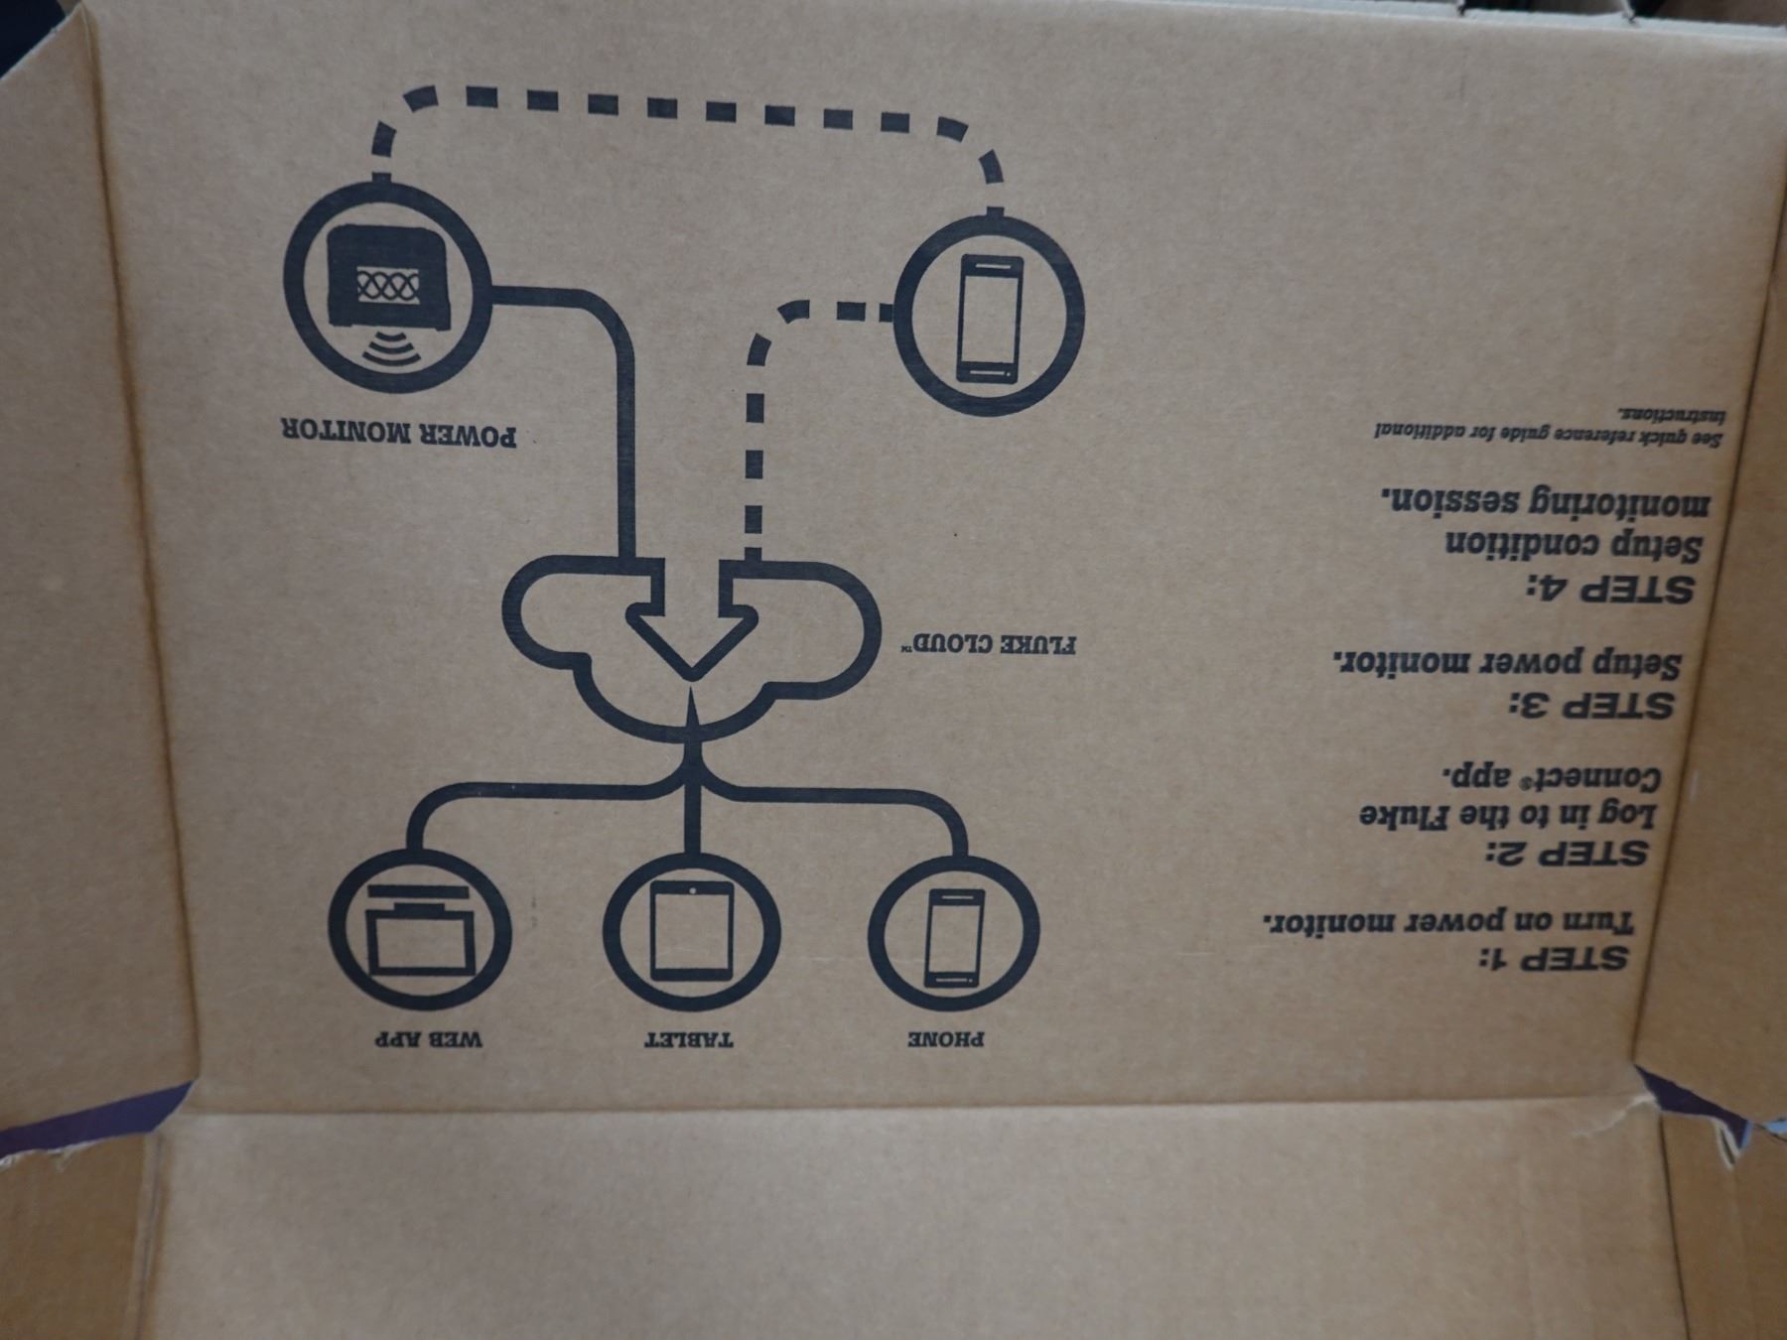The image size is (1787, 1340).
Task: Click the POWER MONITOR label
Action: click(x=398, y=434)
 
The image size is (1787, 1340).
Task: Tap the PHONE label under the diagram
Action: click(x=947, y=1041)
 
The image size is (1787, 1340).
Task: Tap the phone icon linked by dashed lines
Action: click(x=989, y=318)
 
